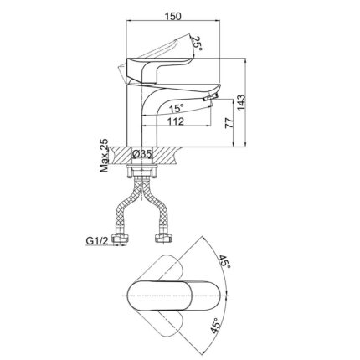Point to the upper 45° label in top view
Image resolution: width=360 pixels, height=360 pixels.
pyautogui.click(x=224, y=262)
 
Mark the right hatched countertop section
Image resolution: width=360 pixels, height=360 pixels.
pyautogui.click(x=168, y=155)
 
